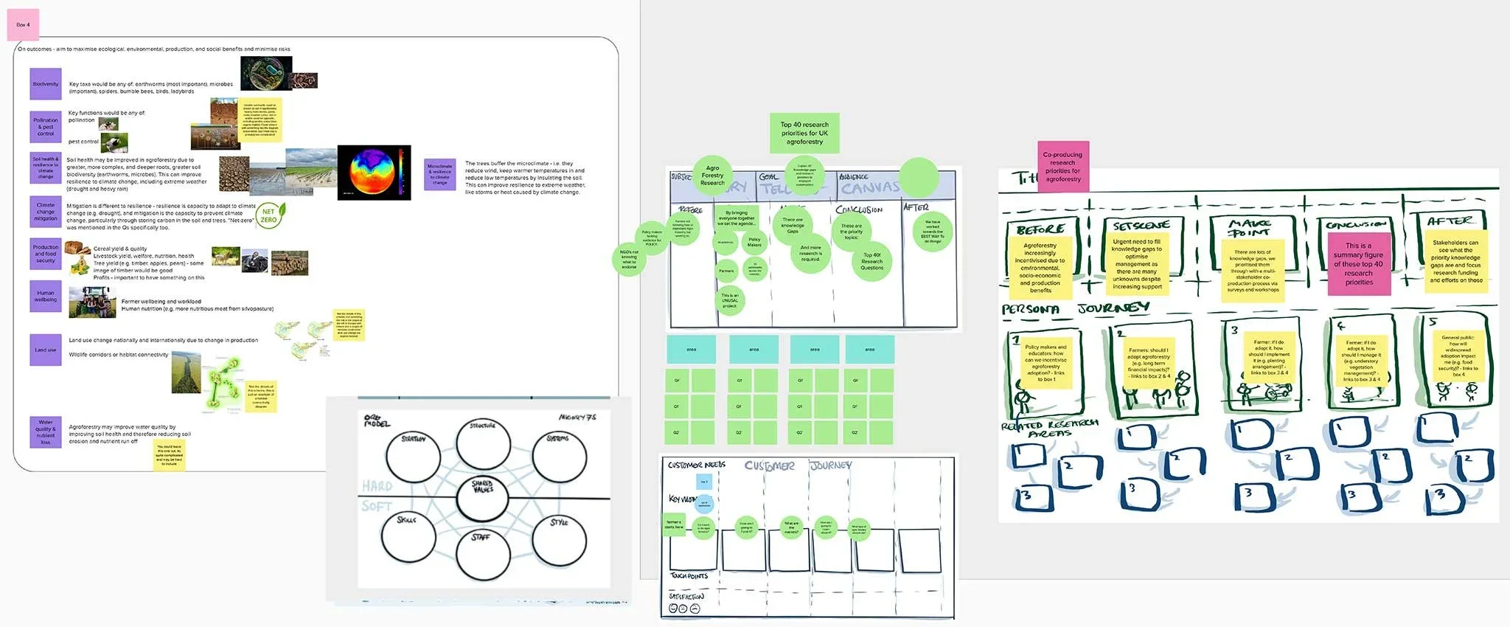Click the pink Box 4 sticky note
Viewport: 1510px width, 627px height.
point(23,25)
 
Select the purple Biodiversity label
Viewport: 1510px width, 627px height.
point(45,84)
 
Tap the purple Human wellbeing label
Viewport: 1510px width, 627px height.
point(45,297)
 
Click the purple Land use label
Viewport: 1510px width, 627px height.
point(45,350)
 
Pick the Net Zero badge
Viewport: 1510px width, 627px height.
point(269,216)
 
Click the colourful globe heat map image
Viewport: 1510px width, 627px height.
point(374,173)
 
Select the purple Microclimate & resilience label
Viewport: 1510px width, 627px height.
point(439,175)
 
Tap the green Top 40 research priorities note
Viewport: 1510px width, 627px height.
point(804,133)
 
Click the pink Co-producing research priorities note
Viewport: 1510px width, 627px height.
point(1062,167)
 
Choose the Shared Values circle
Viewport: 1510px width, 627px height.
point(483,498)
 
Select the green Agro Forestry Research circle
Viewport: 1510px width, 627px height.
point(712,175)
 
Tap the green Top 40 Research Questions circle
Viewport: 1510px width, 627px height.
point(871,261)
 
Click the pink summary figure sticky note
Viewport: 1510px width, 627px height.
point(1358,264)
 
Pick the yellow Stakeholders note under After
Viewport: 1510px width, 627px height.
point(1455,261)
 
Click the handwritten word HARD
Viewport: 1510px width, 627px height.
point(377,486)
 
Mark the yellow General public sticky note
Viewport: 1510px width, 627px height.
point(1458,357)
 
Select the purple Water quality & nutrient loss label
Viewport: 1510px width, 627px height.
point(45,432)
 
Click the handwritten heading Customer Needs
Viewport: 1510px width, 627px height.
point(696,465)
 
